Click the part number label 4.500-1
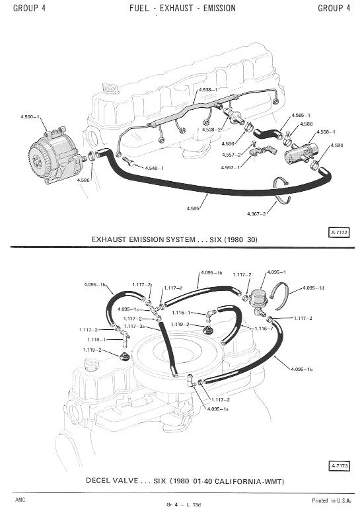(30, 117)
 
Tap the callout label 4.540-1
(155, 168)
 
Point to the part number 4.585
(193, 208)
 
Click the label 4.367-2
(256, 214)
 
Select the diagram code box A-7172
(339, 233)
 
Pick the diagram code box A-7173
(339, 465)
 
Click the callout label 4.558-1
(326, 132)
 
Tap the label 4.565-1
(301, 115)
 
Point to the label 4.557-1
(231, 167)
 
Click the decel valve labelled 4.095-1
(258, 302)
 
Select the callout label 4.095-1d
(313, 288)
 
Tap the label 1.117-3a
(135, 326)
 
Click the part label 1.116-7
(264, 329)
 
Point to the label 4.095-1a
(218, 409)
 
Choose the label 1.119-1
(97, 340)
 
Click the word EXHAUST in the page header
(176, 8)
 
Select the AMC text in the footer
(20, 500)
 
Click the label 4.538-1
(208, 89)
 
